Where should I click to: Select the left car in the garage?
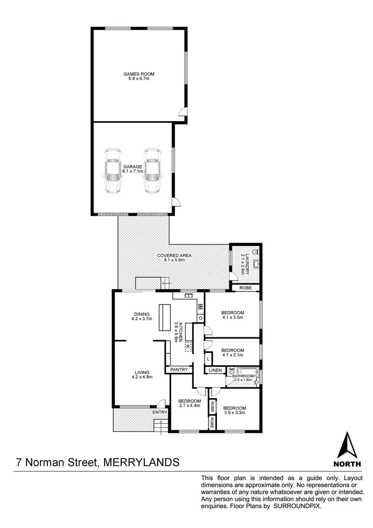click(113, 171)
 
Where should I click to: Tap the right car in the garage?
click(152, 171)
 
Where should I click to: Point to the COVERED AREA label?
click(174, 256)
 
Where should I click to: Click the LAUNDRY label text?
click(247, 264)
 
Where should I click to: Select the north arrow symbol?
click(347, 446)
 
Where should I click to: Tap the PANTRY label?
click(179, 370)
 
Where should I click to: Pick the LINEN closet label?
click(215, 371)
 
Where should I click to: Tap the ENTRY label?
click(160, 413)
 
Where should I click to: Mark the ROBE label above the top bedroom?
click(246, 288)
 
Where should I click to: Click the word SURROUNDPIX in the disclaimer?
click(298, 521)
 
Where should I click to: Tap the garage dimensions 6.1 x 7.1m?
click(133, 172)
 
